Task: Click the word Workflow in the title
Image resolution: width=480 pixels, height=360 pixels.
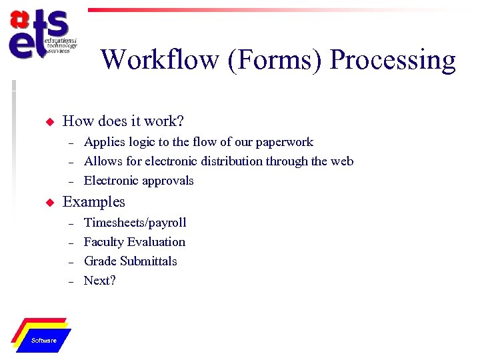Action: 160,60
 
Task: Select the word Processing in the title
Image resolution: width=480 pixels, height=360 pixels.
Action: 393,60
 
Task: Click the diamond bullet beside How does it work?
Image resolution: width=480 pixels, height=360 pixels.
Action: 48,122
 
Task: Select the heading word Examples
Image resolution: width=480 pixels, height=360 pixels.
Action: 93,202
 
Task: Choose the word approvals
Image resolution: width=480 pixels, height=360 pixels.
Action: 167,181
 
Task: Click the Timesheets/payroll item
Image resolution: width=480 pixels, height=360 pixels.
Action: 135,223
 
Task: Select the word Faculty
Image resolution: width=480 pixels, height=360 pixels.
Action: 103,242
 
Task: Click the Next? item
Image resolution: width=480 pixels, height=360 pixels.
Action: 100,281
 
